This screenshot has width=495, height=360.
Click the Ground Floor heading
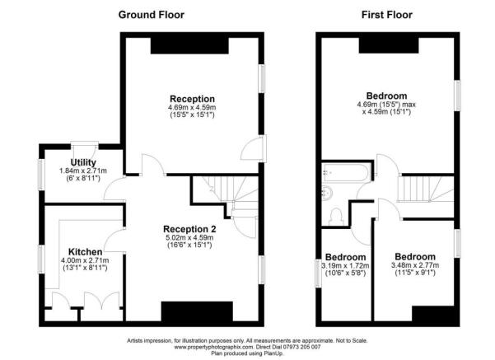tap(151, 14)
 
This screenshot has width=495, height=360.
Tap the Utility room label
tap(84, 162)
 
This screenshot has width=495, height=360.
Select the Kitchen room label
tap(86, 251)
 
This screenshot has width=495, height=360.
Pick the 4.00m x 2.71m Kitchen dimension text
tap(86, 260)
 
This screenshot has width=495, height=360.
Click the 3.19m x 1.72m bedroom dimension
tap(344, 265)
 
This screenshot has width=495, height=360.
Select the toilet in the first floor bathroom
tap(336, 216)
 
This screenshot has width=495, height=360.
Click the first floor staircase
tap(416, 192)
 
